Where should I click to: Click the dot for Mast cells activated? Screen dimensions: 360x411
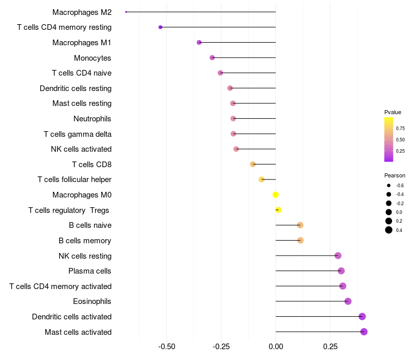coord(364,332)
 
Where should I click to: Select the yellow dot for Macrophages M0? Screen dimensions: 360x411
coord(276,195)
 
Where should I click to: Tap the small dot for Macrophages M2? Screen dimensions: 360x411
coord(126,12)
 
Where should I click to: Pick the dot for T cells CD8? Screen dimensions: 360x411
coord(253,165)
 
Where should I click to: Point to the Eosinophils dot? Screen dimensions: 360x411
coord(348,301)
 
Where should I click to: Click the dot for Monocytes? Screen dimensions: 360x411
coord(212,58)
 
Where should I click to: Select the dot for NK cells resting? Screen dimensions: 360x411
coord(338,256)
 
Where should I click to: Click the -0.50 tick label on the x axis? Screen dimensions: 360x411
coord(167,347)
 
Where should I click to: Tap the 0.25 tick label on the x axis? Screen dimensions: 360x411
coord(330,347)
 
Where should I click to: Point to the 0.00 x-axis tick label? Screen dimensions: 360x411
coord(276,347)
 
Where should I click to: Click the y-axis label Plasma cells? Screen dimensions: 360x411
coord(90,271)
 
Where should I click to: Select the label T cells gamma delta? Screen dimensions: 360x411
coord(78,134)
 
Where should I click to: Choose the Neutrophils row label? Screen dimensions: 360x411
coord(92,119)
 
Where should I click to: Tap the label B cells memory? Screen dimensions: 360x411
coord(85,241)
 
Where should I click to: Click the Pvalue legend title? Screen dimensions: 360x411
coord(393,112)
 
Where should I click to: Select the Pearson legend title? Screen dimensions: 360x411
coord(395,175)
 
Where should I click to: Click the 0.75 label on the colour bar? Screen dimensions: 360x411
coord(400,128)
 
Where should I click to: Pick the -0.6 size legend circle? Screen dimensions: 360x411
coord(389,185)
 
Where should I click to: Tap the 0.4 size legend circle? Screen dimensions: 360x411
coord(389,230)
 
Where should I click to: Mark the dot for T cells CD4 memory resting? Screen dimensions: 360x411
coord(160,27)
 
